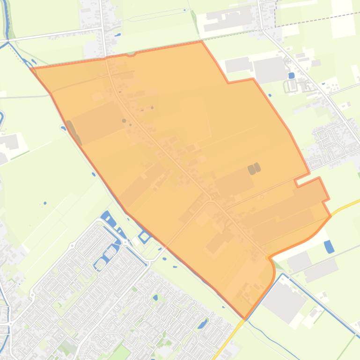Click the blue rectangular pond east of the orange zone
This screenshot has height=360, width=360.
tap(330, 246)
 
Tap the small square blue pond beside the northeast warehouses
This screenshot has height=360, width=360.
tap(291, 75)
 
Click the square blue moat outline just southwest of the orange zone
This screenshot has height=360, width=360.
tap(144, 237)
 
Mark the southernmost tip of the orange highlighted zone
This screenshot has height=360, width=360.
tap(245, 319)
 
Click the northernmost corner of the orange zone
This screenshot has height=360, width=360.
tap(201, 41)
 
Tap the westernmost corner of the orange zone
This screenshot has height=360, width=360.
tap(31, 68)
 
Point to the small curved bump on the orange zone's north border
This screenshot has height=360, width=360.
tap(131, 55)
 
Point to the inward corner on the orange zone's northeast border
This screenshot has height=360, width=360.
tap(228, 83)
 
